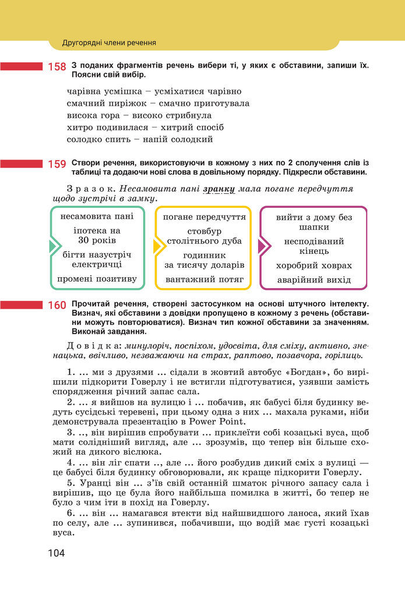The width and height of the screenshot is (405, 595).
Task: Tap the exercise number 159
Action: click(57, 164)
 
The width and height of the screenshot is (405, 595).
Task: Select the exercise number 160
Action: click(57, 305)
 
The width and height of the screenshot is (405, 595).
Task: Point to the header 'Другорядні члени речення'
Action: click(109, 42)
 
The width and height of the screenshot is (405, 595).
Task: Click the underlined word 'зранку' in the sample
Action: click(219, 189)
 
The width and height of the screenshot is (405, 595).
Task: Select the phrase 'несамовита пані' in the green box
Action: click(97, 217)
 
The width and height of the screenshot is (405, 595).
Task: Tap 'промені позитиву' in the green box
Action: click(97, 279)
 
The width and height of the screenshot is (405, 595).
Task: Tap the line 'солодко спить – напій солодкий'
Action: click(140, 139)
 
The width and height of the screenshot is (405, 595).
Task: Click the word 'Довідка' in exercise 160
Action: click(92, 345)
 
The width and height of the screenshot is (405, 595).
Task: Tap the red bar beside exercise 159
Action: click(22, 164)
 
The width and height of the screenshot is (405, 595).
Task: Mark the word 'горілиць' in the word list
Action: click(347, 355)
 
